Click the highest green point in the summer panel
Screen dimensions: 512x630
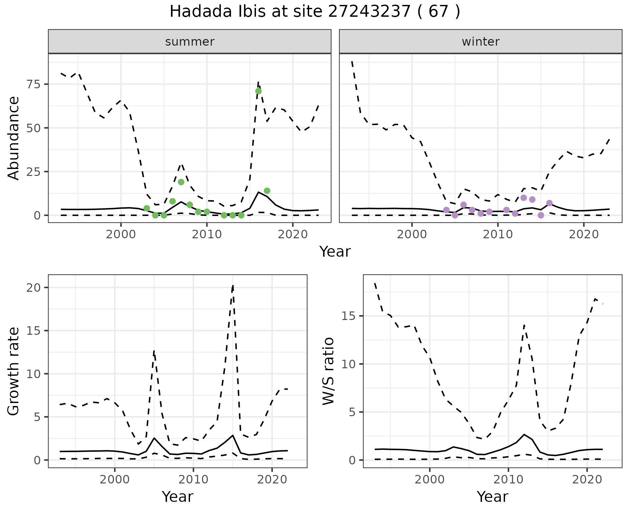point(258,91)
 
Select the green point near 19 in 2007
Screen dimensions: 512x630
point(181,182)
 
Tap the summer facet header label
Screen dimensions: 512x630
point(190,42)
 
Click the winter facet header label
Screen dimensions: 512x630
point(480,42)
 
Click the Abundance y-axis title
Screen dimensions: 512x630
point(14,138)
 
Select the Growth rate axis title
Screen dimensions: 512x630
point(14,371)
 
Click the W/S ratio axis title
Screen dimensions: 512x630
point(328,371)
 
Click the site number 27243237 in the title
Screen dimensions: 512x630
point(369,12)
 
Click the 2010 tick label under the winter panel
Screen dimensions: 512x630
point(498,234)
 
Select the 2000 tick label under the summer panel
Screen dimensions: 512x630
point(121,234)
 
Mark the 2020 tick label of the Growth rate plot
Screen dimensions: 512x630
point(272,480)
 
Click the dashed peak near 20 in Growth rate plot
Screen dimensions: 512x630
point(233,286)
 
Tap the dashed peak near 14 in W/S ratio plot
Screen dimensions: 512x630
point(524,325)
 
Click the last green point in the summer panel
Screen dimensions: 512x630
point(267,191)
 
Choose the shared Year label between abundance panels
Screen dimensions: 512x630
point(335,252)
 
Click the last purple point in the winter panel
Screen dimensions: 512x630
point(550,203)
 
